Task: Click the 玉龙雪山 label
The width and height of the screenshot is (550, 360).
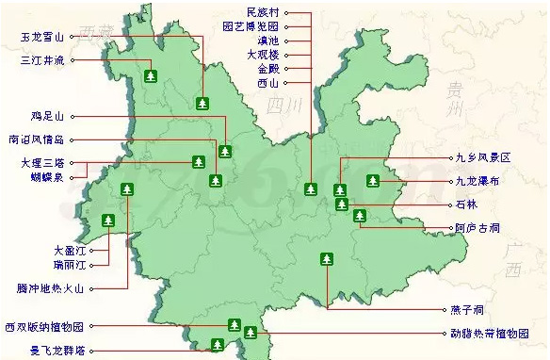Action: pos(42,38)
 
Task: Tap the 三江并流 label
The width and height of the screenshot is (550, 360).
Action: pos(42,60)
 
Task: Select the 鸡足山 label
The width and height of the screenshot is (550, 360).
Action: pos(47,117)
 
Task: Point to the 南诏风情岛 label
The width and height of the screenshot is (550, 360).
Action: pos(36,139)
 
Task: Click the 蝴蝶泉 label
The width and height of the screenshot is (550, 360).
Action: pos(47,176)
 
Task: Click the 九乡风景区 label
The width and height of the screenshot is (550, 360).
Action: pos(481,158)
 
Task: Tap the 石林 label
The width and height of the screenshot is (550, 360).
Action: pos(465,204)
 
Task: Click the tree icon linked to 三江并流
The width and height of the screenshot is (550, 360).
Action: pos(150,75)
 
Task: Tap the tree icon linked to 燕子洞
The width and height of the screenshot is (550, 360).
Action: pos(327,258)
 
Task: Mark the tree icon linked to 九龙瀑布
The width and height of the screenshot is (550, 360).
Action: pos(374,180)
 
